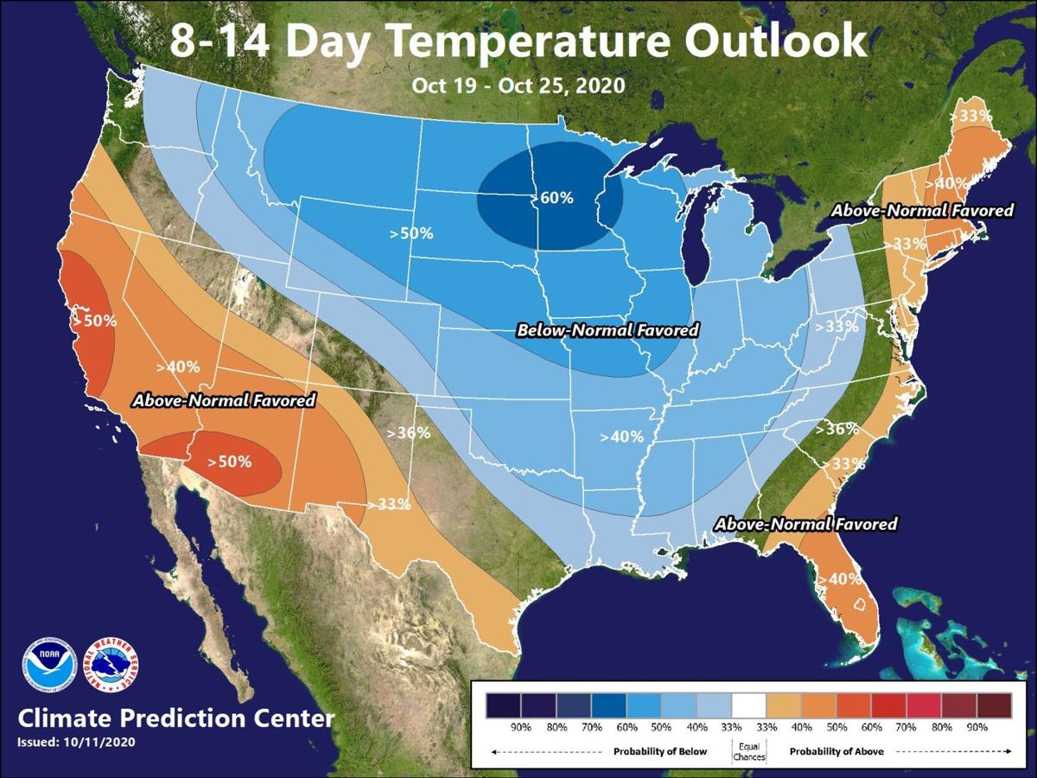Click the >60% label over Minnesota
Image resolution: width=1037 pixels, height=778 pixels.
(553, 198)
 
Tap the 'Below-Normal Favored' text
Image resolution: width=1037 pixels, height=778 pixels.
(608, 330)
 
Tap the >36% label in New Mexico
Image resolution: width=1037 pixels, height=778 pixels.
(408, 432)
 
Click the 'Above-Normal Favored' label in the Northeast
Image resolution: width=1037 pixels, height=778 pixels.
(922, 211)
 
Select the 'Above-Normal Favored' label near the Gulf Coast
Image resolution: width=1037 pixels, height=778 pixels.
(805, 524)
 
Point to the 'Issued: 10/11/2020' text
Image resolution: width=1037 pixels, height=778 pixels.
(76, 742)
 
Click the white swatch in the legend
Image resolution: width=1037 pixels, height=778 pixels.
(749, 702)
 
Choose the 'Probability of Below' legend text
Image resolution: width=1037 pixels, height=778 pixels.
(660, 751)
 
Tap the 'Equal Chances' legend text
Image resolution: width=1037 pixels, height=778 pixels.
(749, 751)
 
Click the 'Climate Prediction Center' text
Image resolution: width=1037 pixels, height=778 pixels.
(175, 718)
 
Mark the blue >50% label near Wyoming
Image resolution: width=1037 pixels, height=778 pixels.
(411, 233)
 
